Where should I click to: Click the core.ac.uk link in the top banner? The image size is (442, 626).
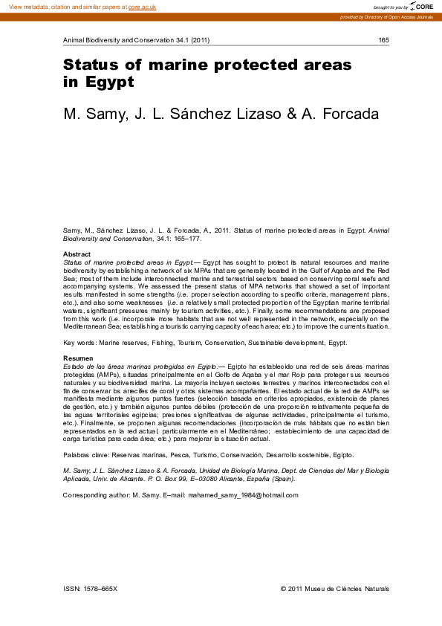[142, 7]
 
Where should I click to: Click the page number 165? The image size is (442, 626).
[384, 40]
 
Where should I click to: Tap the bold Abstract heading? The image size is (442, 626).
[77, 255]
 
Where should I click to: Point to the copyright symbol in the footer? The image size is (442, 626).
[283, 589]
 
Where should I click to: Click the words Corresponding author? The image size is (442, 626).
[96, 495]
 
